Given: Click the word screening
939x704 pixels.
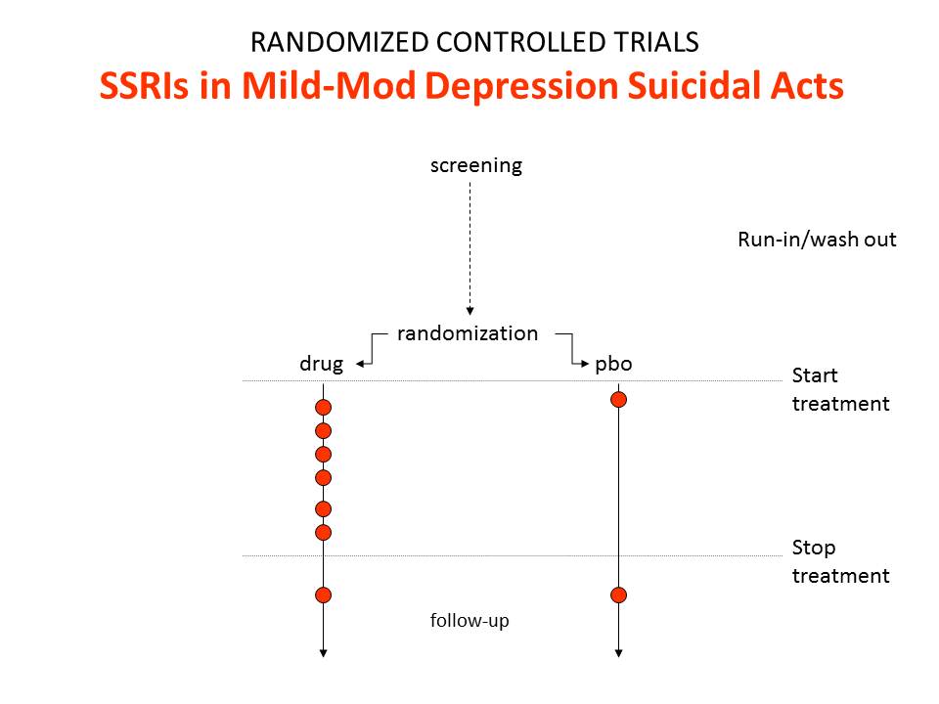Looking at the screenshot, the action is tap(476, 165).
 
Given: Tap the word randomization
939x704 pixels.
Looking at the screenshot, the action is tap(468, 332).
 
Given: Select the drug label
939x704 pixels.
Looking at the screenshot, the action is tap(322, 364).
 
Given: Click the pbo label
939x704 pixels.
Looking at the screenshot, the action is tap(613, 364).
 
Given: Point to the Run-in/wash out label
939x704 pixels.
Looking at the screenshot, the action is tap(817, 240).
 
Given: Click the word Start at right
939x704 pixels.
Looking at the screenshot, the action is tap(815, 375).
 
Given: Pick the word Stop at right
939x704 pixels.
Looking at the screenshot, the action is tap(813, 548).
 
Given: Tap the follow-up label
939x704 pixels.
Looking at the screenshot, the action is tap(469, 620).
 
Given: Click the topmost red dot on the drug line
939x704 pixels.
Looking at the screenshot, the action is tap(324, 408).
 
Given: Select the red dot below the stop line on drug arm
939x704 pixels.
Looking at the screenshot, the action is tap(324, 595).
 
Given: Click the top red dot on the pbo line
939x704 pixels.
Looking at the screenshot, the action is tap(618, 399).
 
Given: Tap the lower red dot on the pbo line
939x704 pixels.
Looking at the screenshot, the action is tap(618, 595).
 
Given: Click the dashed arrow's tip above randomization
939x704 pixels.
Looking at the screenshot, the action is tap(470, 314).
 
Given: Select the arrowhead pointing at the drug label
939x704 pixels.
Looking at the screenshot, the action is tap(357, 364).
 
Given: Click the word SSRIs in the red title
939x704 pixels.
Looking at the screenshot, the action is tap(144, 86).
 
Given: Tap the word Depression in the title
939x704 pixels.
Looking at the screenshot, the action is tap(520, 87).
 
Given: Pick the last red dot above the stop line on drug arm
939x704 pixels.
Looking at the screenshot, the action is tap(324, 532).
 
